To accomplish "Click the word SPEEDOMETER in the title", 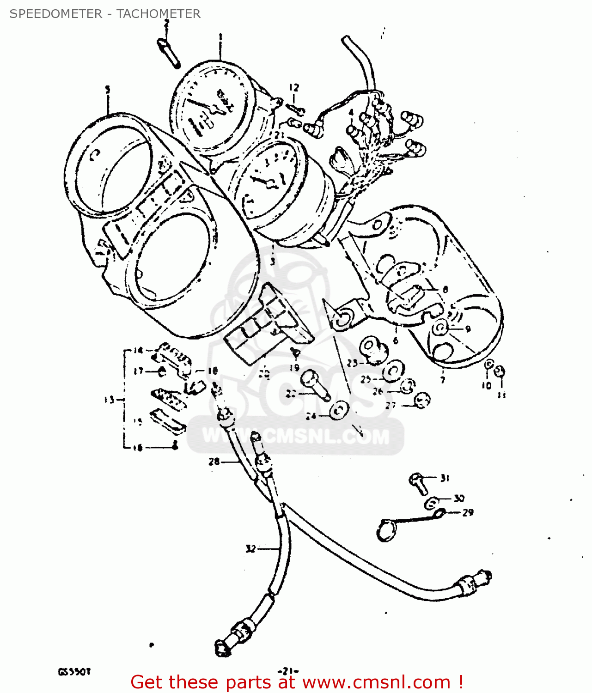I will pos(55,14).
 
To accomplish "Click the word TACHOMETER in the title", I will pos(159,14).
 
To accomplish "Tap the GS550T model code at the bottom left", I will pos(74,671).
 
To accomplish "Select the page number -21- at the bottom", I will pos(288,671).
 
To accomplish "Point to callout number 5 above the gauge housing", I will pos(108,90).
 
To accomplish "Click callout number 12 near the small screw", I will pos(294,87).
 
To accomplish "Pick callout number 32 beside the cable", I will pos(250,549).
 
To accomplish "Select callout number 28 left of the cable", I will pos(214,461).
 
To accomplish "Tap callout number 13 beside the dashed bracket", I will pos(109,400).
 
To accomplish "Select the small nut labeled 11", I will pos(500,371).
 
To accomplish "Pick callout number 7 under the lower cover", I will pos(443,380).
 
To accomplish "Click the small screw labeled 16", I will pos(174,446).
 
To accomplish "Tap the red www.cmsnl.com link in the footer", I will pos(376,682).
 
